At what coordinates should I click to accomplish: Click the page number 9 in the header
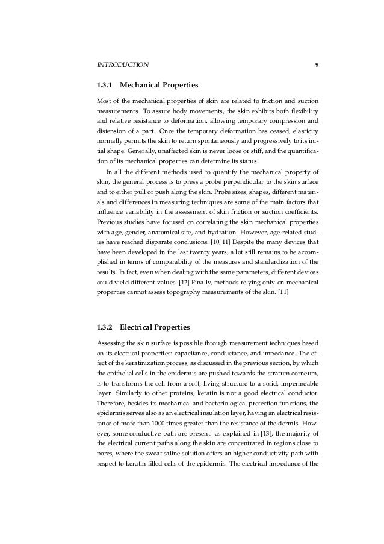tap(317, 63)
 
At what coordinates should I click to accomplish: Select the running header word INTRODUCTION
tap(123, 63)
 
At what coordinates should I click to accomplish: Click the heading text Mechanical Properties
tap(159, 85)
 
